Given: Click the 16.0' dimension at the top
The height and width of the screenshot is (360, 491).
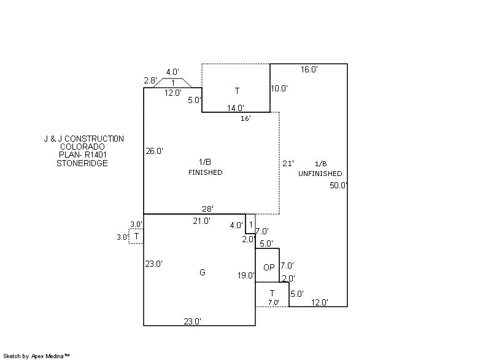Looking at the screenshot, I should [x=309, y=70].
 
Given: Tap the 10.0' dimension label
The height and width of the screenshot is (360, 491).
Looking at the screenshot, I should [x=279, y=88].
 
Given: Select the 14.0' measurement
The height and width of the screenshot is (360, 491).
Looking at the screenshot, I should [x=236, y=108].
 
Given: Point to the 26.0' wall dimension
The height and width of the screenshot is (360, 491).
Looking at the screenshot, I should [x=154, y=151].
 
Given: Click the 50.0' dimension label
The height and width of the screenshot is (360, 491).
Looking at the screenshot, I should [x=339, y=185].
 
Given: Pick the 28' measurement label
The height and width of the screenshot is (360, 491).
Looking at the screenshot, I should [x=208, y=209].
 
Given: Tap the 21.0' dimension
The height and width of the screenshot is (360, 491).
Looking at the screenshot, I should [x=202, y=221].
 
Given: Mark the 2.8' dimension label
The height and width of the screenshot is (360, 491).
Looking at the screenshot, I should [x=150, y=81].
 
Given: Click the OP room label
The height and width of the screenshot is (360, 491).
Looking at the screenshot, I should [x=269, y=268].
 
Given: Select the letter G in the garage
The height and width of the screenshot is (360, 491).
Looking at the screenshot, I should [x=203, y=272].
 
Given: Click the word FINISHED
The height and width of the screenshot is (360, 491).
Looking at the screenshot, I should [x=205, y=173].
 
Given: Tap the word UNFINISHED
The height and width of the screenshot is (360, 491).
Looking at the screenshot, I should [x=320, y=174].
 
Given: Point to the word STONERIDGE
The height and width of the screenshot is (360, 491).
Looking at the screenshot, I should [x=82, y=163].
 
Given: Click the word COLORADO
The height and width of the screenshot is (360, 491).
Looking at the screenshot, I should [x=82, y=147].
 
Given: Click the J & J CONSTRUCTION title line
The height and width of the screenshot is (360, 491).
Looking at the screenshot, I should [x=80, y=139].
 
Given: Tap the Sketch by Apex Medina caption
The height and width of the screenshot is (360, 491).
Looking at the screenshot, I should [x=36, y=356].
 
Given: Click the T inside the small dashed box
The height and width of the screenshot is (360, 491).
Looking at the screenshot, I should [x=136, y=236].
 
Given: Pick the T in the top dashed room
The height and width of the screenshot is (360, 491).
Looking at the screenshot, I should [x=237, y=91].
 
